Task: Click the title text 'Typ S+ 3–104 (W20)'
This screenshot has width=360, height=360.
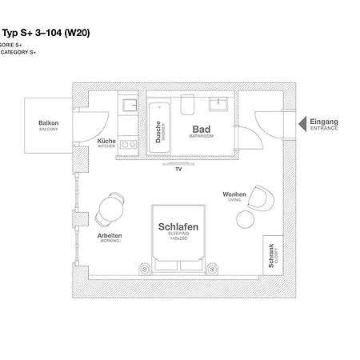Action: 45,33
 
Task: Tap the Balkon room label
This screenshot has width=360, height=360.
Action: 49,124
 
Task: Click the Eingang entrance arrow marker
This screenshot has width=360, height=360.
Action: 303,124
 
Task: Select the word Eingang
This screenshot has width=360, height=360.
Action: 325,122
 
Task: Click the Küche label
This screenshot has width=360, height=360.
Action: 106,142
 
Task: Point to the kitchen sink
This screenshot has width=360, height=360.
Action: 128,104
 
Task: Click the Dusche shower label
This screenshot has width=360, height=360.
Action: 159,131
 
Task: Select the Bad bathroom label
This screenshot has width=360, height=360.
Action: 201,129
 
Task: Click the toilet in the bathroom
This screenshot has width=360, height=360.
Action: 188,105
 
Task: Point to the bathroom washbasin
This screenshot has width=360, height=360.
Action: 218,103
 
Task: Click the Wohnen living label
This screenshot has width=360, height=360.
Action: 234,194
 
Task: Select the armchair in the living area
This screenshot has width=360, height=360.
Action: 261,195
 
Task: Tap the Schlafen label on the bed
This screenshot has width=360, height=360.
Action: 178,227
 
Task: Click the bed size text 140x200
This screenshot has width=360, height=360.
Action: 178,238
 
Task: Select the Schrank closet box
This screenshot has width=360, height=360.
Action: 273,256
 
